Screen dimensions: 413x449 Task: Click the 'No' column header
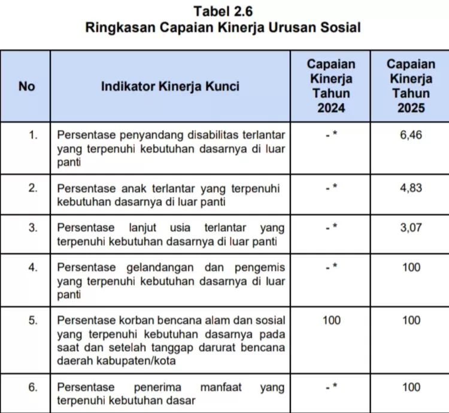[x=27, y=86]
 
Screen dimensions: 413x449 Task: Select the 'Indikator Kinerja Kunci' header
[x=170, y=86]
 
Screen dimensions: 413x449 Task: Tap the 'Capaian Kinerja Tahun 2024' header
[x=331, y=86]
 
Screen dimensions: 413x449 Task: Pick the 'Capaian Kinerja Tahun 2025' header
[x=411, y=86]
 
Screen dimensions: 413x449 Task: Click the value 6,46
[x=411, y=135]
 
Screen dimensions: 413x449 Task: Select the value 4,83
[x=411, y=188]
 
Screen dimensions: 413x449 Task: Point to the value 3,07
[x=411, y=228]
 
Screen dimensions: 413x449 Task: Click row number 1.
[x=34, y=135]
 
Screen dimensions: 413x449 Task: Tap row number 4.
[x=34, y=267]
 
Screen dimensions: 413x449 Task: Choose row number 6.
[x=34, y=387]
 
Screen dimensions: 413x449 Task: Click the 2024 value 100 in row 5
[x=331, y=320]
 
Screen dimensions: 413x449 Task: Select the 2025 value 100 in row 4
[x=411, y=267]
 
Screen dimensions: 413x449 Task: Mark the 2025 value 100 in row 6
[x=411, y=387]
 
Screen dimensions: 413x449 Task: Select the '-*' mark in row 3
[x=331, y=228]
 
